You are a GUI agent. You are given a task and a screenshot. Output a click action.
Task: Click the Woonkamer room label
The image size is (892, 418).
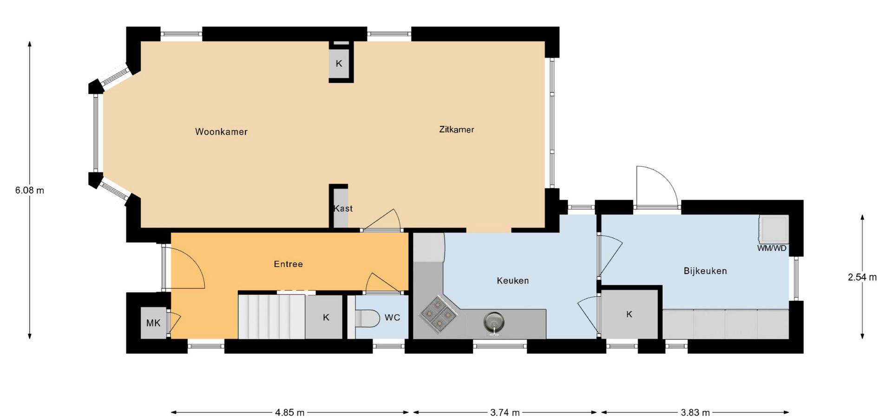point(221,132)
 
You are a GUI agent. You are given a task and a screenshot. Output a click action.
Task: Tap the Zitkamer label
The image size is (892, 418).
point(457,130)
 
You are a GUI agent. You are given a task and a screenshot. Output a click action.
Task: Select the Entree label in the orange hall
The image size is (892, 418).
point(288,264)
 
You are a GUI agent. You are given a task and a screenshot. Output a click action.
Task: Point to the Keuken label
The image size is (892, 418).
point(512,281)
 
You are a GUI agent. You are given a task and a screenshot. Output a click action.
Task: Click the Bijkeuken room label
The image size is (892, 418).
point(705,271)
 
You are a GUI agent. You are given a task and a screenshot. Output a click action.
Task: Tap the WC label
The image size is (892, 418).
point(392,318)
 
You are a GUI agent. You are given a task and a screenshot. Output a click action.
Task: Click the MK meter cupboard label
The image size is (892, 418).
point(153,323)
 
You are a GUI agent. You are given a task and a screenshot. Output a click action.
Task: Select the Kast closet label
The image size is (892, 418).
point(343,209)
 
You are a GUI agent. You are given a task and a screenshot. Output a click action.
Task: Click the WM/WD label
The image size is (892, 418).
point(772,248)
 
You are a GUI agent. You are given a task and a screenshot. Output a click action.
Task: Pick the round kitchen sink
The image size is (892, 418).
point(494,322)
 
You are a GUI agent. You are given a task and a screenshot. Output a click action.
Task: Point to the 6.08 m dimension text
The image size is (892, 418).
point(30,190)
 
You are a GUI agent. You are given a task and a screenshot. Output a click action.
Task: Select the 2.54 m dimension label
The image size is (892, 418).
point(862,277)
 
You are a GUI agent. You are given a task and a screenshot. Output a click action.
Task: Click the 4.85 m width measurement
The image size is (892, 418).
point(289,412)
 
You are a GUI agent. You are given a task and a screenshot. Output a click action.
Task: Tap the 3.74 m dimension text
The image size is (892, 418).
point(505,412)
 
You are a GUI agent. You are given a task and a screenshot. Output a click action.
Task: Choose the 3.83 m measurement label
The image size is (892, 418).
point(695,412)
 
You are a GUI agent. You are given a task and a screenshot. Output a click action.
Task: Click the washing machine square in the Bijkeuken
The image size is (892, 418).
point(773,229)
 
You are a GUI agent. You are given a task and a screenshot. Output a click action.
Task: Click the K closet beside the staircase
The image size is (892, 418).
point(326,317)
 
